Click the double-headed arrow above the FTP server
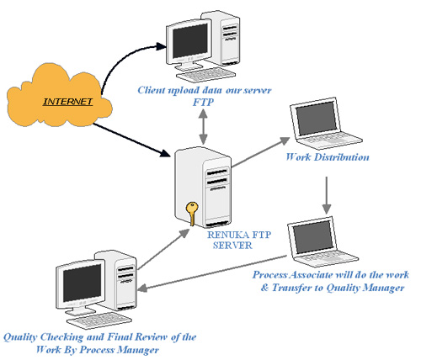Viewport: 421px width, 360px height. [201, 124]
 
